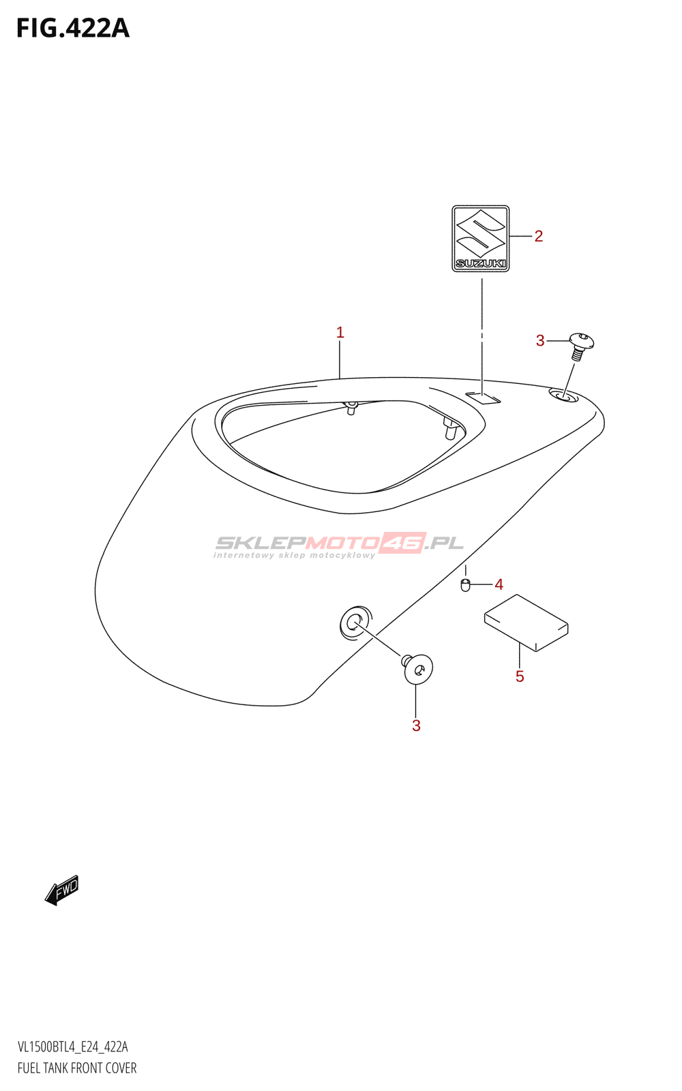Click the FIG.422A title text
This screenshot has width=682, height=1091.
point(73,29)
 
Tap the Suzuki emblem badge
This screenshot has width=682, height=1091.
point(481,238)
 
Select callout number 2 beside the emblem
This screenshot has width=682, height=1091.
point(538,236)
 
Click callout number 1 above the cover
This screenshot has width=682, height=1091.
point(340,333)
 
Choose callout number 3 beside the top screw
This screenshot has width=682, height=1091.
point(540,340)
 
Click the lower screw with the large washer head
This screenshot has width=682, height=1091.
point(417,669)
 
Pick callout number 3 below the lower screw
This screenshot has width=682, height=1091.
point(416,726)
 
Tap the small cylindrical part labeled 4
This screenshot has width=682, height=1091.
point(466,585)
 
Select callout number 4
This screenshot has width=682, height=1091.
point(499,584)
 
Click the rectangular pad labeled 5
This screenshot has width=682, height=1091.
point(526,623)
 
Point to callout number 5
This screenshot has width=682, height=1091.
point(520,676)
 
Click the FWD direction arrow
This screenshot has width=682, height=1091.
point(62,890)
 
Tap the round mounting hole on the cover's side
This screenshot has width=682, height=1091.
point(355,622)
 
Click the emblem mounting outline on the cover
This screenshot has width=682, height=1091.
point(483,397)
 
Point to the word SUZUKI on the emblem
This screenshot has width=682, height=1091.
point(481,263)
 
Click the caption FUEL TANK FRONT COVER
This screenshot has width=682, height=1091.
point(77,1068)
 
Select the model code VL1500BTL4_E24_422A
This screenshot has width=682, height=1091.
point(73,1047)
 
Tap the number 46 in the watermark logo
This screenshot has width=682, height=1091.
point(403,543)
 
